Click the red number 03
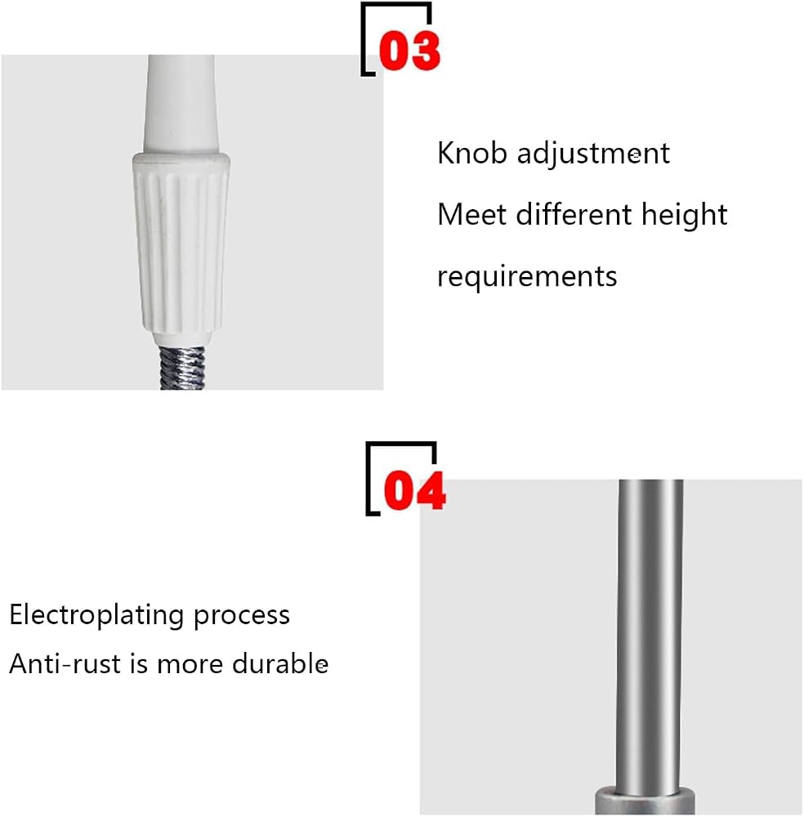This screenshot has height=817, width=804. [x=409, y=51]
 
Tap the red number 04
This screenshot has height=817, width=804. [x=415, y=490]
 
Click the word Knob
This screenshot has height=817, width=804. [x=471, y=154]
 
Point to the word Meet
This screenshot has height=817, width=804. [x=471, y=215]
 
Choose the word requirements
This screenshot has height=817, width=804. [x=527, y=277]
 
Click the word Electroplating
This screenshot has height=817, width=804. [x=96, y=616]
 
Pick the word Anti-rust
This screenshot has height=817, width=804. [x=65, y=664]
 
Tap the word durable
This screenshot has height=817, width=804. [x=279, y=663]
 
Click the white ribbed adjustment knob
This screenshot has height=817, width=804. [x=181, y=247]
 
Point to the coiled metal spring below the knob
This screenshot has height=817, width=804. [x=182, y=368]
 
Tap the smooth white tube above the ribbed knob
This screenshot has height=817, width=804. [x=181, y=105]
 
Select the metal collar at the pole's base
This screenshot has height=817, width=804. [x=645, y=801]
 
